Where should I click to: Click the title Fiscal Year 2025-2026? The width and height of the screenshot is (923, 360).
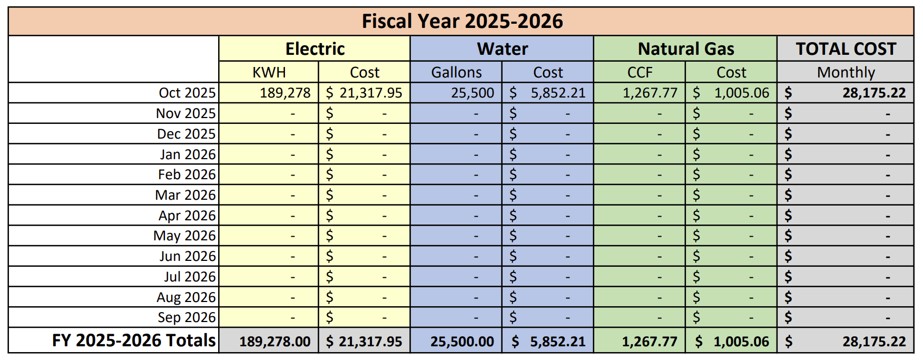pyautogui.click(x=462, y=22)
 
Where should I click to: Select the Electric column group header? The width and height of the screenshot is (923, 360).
pyautogui.click(x=315, y=49)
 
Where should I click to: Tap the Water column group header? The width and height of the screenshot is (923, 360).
pyautogui.click(x=502, y=49)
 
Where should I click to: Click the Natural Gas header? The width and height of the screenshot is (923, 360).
pyautogui.click(x=685, y=49)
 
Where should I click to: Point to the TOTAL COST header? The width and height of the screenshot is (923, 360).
pyautogui.click(x=846, y=49)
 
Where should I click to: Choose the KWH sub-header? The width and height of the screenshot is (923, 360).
pyautogui.click(x=269, y=72)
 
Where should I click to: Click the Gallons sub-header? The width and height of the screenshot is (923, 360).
pyautogui.click(x=456, y=72)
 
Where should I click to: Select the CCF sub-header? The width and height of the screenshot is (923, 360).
pyautogui.click(x=640, y=72)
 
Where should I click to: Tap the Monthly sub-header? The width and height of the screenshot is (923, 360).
pyautogui.click(x=846, y=72)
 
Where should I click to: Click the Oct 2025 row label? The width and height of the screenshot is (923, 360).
pyautogui.click(x=187, y=93)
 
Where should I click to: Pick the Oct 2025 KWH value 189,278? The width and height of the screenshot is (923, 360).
pyautogui.click(x=285, y=93)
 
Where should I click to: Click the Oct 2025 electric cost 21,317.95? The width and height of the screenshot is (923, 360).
pyautogui.click(x=370, y=93)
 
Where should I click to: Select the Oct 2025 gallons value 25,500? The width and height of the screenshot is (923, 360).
pyautogui.click(x=473, y=93)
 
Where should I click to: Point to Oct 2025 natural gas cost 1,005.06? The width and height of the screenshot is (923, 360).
pyautogui.click(x=741, y=93)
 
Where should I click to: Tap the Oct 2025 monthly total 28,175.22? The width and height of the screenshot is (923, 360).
pyautogui.click(x=873, y=93)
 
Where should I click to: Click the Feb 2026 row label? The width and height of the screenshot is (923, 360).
pyautogui.click(x=186, y=174)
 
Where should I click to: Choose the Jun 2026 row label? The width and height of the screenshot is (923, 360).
pyautogui.click(x=188, y=256)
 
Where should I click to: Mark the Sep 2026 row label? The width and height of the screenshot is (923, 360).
pyautogui.click(x=186, y=317)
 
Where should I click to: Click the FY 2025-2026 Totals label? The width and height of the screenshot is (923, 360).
pyautogui.click(x=134, y=340)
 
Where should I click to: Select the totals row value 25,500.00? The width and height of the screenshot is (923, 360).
pyautogui.click(x=462, y=342)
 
